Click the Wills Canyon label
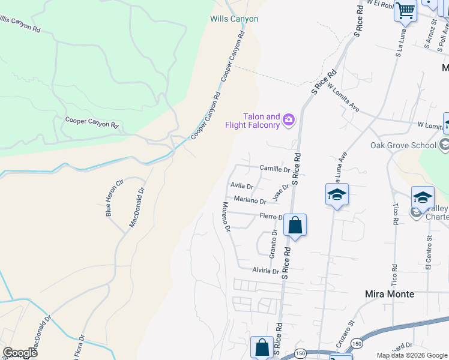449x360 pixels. pos(234,19)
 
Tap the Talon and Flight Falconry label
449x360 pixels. pos(253,121)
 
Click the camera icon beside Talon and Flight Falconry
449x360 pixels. pos(289,120)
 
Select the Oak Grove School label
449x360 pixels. pos(403,145)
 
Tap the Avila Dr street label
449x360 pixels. pos(242,187)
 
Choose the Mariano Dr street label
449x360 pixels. pos(250,200)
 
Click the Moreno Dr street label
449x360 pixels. pos(226,217)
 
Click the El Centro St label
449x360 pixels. pos(429,253)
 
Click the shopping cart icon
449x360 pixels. pos(405,10)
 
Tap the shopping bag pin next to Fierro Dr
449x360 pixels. pos(295,226)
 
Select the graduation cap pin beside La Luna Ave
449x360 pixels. pos(337,195)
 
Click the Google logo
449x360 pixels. pos(20,353)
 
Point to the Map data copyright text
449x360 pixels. pos(411,355)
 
